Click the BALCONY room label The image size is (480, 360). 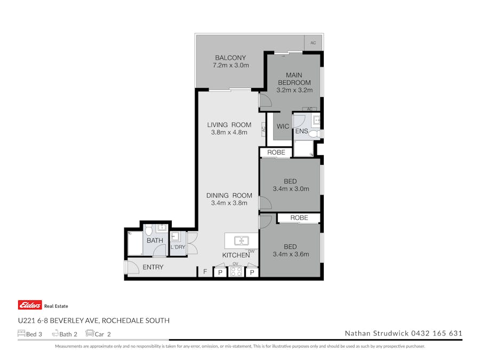[230, 58]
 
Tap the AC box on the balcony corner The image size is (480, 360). [313, 43]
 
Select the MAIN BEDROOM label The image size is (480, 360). [294, 78]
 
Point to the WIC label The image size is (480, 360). [283, 126]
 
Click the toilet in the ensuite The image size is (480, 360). [315, 134]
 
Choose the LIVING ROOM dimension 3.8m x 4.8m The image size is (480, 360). [229, 132]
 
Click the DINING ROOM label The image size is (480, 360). [229, 195]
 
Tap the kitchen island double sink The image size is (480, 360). [241, 241]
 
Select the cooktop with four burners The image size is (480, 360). [235, 272]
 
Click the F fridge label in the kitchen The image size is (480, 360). [205, 272]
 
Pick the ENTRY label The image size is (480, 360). [153, 267]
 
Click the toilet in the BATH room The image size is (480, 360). [149, 230]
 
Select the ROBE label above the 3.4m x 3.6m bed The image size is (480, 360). [299, 218]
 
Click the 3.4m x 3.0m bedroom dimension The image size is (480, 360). [291, 189]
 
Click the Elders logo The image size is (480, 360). [30, 305]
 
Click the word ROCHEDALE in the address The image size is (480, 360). [121, 321]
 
